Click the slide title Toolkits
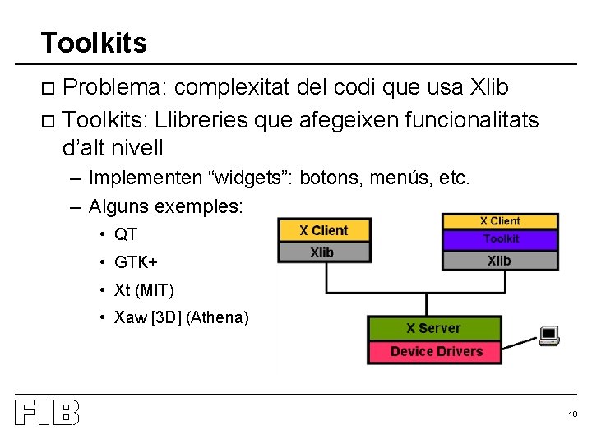click(x=93, y=42)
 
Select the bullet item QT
click(x=126, y=234)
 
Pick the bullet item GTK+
click(x=136, y=262)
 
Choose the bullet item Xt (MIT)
click(x=144, y=290)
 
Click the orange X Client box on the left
click(x=324, y=231)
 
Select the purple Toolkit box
click(x=500, y=239)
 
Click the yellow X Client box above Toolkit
click(x=500, y=221)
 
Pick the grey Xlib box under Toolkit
click(x=499, y=261)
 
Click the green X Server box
click(x=433, y=329)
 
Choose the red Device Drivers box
click(x=436, y=352)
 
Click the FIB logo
click(x=46, y=413)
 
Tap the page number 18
click(x=573, y=414)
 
